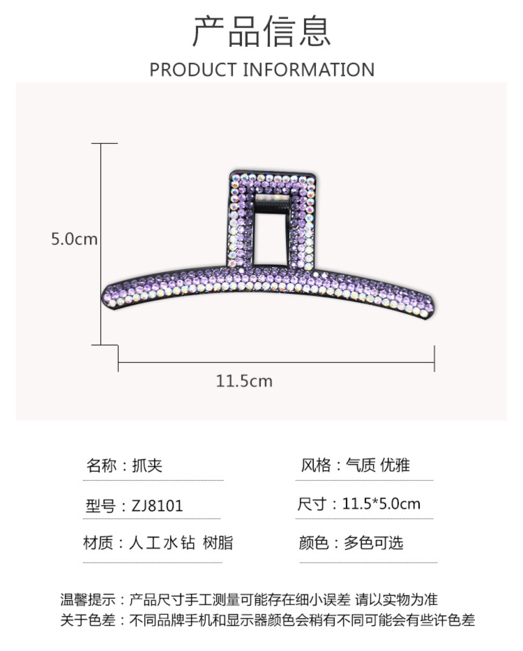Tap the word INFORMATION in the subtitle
309,70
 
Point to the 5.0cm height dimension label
74,239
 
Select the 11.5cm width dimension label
243,381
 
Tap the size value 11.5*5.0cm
381,504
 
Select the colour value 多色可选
373,543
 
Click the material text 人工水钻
162,543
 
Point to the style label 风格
314,465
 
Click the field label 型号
100,506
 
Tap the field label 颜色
313,543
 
